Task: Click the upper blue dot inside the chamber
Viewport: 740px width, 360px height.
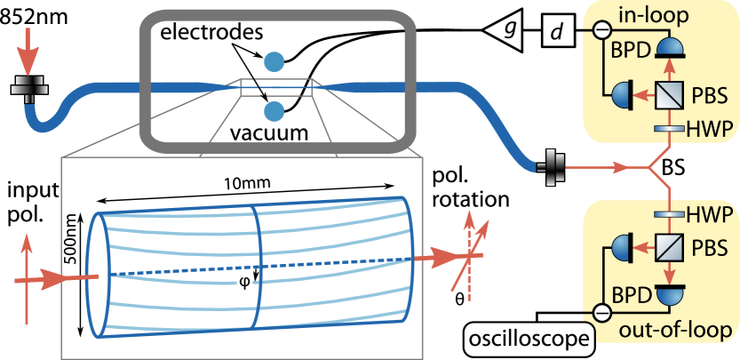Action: [275, 61]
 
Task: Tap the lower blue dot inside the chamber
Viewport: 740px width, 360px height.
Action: [275, 111]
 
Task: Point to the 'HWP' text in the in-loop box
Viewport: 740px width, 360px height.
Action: [711, 130]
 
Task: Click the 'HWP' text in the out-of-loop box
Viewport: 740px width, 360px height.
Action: [711, 214]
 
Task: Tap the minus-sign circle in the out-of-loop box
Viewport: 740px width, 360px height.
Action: [601, 312]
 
